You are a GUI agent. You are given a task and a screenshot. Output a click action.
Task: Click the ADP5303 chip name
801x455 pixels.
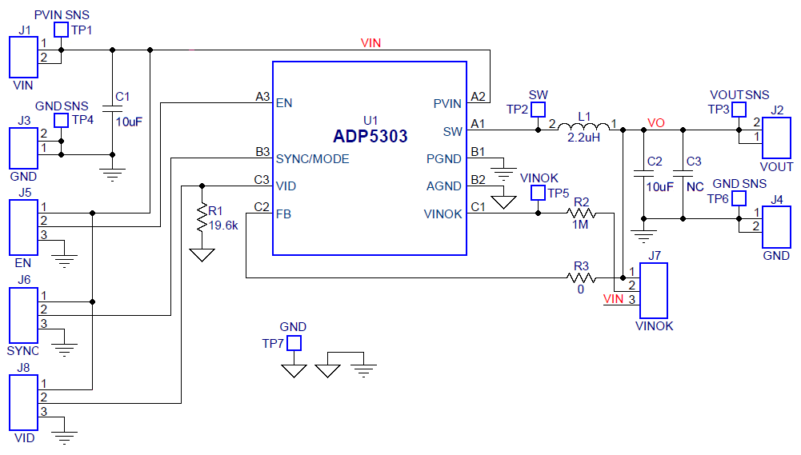point(370,136)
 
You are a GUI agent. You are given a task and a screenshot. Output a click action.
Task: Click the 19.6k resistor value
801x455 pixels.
point(222,226)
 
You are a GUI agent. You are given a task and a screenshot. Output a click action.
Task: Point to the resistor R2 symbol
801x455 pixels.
point(582,214)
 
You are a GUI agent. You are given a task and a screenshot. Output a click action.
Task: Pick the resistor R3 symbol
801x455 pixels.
point(582,277)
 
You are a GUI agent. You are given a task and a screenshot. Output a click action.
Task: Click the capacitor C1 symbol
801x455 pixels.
point(112,108)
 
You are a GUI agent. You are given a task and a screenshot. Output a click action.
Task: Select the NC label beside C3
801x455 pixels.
point(695,186)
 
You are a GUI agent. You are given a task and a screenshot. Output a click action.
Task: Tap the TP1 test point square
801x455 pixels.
point(61,30)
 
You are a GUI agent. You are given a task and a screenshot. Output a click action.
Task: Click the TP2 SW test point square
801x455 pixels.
point(539,110)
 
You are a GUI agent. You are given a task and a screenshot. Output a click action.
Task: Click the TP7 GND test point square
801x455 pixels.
point(294,344)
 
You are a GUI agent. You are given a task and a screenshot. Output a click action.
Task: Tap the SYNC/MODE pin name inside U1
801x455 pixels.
point(312,159)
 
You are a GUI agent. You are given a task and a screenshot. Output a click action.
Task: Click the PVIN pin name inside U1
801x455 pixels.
point(447,103)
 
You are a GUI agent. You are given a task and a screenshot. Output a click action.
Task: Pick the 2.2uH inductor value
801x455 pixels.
point(583,138)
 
